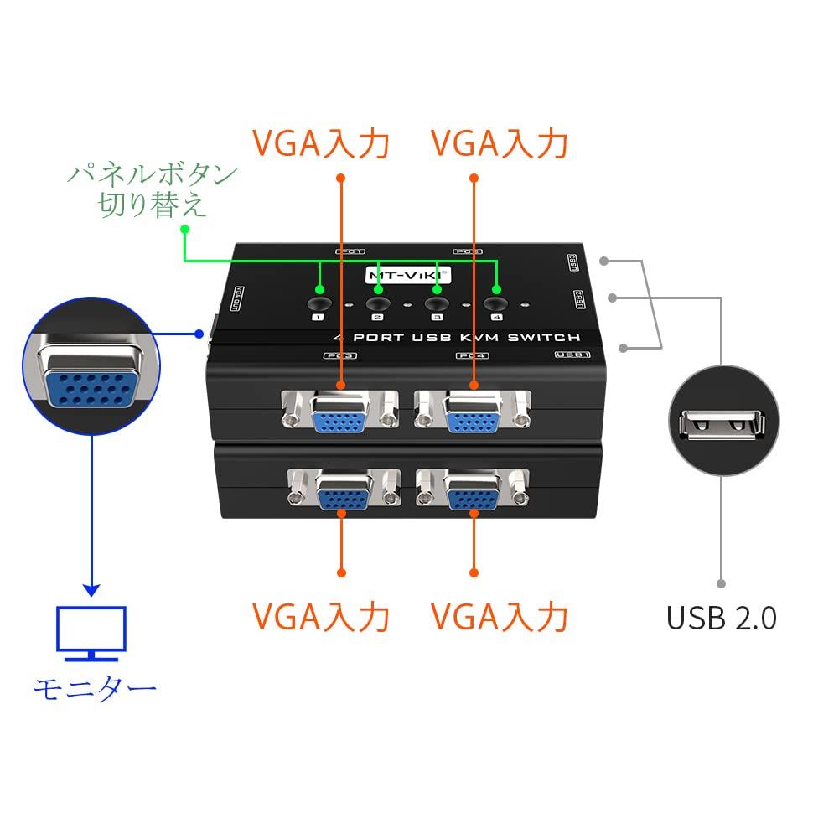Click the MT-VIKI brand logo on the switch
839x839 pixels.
tap(405, 274)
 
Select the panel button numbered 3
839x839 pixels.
tap(436, 305)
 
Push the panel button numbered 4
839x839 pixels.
tap(496, 305)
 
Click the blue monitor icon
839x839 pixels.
tap(91, 633)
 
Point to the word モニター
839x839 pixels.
tap(94, 689)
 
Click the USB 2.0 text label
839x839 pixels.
tap(721, 618)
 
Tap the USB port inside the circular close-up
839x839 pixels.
tap(722, 425)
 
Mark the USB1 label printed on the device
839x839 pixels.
tap(573, 355)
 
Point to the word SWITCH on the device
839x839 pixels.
tap(546, 338)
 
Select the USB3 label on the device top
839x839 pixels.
tap(573, 262)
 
